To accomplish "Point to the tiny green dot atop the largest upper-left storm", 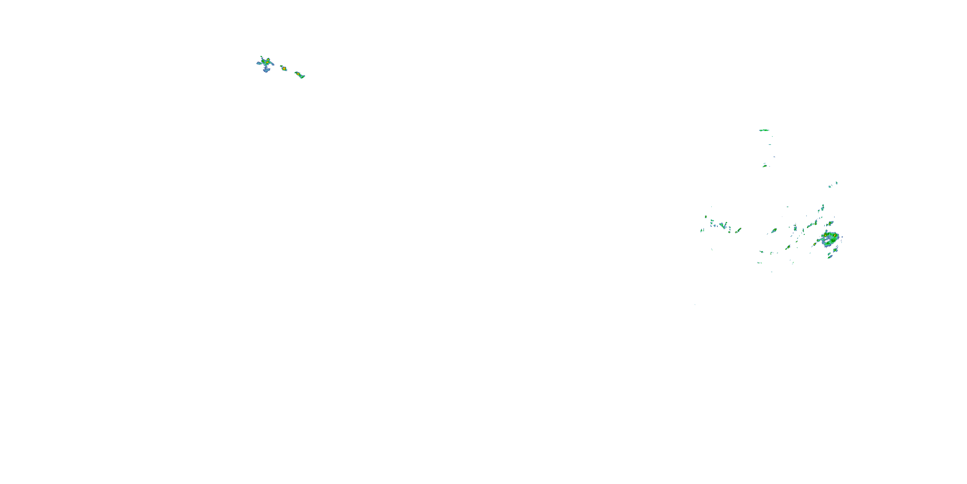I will pyautogui.click(x=261, y=57).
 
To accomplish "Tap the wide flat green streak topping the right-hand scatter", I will pyautogui.click(x=764, y=130).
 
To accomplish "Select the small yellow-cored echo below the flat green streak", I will pyautogui.click(x=765, y=166).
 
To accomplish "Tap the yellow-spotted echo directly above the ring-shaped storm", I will pyautogui.click(x=830, y=224).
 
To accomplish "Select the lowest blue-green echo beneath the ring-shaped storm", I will pyautogui.click(x=830, y=257).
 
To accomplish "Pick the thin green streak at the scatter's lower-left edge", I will pyautogui.click(x=759, y=263).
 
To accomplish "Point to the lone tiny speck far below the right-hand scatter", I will pyautogui.click(x=695, y=305).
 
